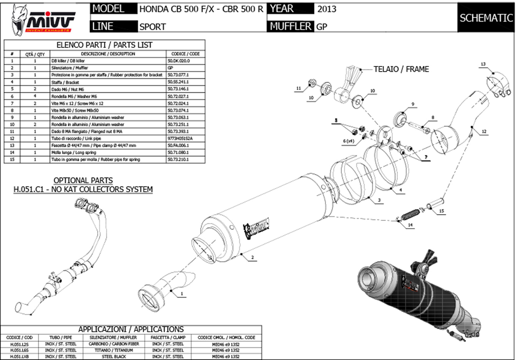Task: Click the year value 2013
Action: tap(327, 9)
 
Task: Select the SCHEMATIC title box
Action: tap(486, 18)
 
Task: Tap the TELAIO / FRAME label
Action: tap(401, 69)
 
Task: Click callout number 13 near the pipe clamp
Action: tap(483, 64)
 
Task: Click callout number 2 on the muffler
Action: tap(252, 257)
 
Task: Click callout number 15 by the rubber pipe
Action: tap(441, 212)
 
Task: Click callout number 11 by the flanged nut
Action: tap(298, 88)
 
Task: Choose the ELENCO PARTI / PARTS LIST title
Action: tap(104, 45)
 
